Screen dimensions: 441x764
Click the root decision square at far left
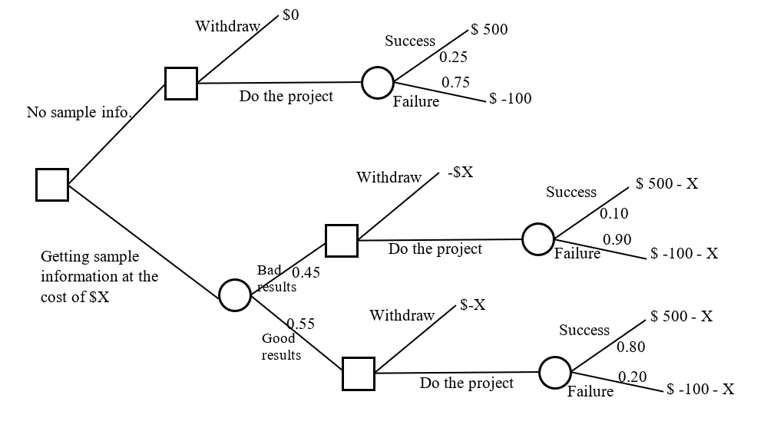[52, 185]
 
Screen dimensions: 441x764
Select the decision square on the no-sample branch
[181, 83]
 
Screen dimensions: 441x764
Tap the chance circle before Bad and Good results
[234, 295]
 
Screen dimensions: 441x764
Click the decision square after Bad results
[341, 240]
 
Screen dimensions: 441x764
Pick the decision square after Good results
[359, 374]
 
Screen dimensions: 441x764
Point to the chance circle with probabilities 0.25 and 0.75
[377, 82]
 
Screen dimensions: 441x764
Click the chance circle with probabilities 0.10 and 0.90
[537, 239]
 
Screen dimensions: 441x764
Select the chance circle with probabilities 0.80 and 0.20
[554, 372]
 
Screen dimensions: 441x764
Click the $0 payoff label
[290, 17]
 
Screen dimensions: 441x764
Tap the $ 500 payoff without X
[489, 30]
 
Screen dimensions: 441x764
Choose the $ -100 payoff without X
[511, 99]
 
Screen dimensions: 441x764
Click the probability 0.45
[306, 272]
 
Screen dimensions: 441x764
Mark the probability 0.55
[300, 324]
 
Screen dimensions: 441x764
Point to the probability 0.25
[453, 57]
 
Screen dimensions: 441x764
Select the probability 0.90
[617, 240]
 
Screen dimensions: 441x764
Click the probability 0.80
[631, 347]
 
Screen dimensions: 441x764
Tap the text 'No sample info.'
[79, 113]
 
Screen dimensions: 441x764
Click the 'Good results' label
[280, 347]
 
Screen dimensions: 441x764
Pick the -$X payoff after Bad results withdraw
[460, 173]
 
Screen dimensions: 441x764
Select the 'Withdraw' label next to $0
[227, 27]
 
